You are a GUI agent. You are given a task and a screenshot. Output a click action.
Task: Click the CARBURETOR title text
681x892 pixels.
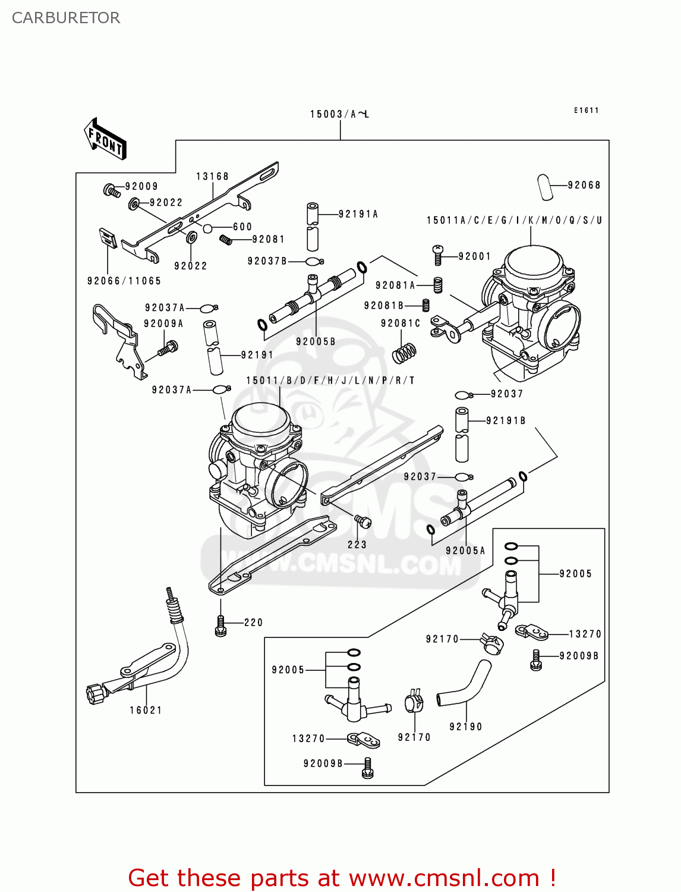66,18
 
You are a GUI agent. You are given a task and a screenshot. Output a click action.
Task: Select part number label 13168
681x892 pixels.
212,177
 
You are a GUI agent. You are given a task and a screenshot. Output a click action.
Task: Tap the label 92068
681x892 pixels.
584,186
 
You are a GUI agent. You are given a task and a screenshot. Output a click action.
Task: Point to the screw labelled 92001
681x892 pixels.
438,255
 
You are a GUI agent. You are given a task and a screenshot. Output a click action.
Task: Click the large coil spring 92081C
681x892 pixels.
404,351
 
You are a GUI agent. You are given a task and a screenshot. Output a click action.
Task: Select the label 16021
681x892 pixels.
146,710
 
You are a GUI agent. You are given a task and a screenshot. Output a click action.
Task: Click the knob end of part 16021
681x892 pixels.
95,693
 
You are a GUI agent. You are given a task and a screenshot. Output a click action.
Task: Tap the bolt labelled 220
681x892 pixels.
220,625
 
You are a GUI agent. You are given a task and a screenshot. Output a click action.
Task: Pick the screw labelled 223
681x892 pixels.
362,522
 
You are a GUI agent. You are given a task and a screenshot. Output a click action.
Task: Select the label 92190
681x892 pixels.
465,727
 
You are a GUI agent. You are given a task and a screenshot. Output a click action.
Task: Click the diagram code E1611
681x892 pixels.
586,111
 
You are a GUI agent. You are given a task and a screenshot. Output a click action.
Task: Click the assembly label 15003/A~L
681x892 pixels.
339,114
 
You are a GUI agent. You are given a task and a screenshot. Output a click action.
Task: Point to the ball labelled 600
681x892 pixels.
207,228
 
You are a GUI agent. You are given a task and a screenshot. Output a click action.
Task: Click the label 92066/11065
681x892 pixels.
124,281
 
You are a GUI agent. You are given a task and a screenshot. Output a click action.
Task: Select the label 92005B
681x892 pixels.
316,342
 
